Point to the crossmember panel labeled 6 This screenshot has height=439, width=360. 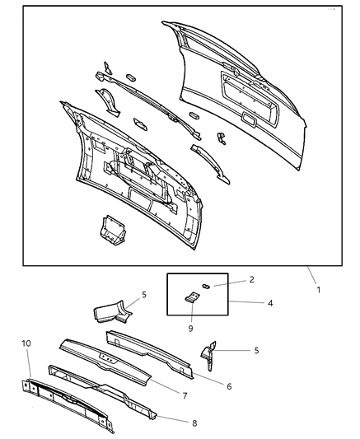tap(152, 352)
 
